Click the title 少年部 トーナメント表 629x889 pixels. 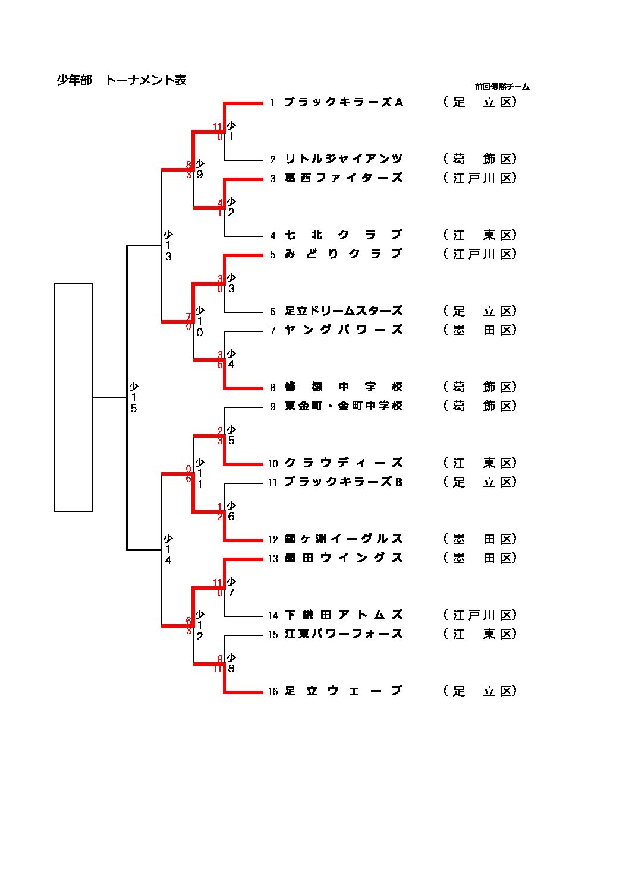click(x=121, y=80)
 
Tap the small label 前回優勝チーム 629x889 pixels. click(x=502, y=87)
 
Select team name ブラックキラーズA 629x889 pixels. click(x=344, y=102)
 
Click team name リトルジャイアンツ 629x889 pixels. click(x=344, y=159)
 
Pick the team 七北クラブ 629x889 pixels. click(x=344, y=235)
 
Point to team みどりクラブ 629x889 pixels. click(x=344, y=254)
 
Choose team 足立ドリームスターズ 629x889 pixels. click(x=344, y=311)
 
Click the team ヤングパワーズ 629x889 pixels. click(x=344, y=330)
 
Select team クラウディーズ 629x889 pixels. click(x=344, y=463)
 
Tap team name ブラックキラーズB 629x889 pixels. click(x=344, y=482)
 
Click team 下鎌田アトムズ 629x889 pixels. click(x=344, y=615)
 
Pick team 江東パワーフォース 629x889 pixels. click(x=344, y=634)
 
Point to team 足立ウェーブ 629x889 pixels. click(x=344, y=691)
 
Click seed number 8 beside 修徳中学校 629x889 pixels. click(x=273, y=388)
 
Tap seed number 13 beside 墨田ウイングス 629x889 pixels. click(x=273, y=559)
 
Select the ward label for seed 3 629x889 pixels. click(x=480, y=178)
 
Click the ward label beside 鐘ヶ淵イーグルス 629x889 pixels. click(x=480, y=539)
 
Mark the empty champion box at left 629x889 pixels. click(x=73, y=397)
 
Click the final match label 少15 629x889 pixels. click(x=134, y=397)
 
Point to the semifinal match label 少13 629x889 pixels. click(x=168, y=245)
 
